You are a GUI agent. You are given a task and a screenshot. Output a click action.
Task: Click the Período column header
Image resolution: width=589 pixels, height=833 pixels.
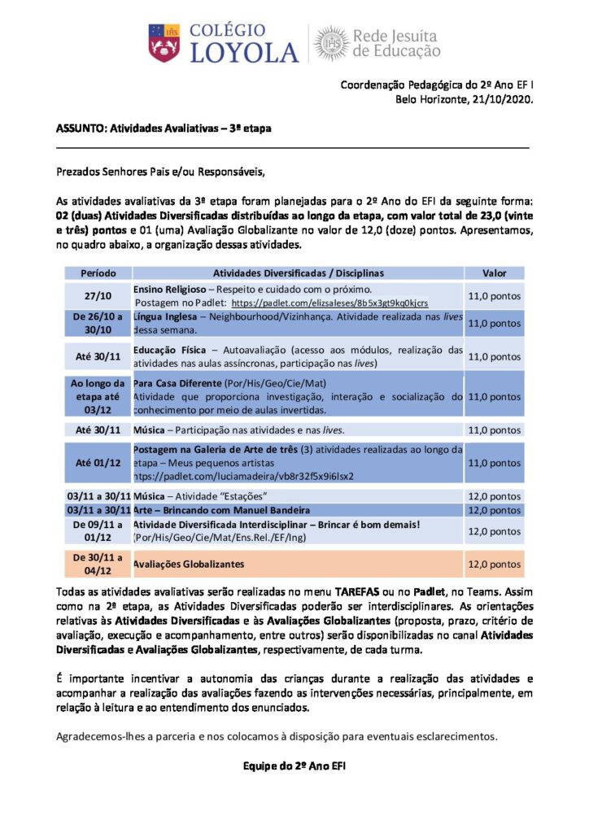pyautogui.click(x=98, y=273)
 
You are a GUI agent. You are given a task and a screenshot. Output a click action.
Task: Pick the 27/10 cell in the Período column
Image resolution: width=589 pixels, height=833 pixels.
pyautogui.click(x=98, y=296)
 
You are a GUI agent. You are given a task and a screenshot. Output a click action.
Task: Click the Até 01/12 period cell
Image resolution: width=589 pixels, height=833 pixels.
pyautogui.click(x=98, y=462)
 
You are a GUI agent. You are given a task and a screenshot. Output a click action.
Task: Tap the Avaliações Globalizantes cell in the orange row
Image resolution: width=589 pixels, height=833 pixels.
pyautogui.click(x=188, y=563)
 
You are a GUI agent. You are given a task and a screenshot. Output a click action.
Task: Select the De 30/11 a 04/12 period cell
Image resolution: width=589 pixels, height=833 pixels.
pyautogui.click(x=98, y=563)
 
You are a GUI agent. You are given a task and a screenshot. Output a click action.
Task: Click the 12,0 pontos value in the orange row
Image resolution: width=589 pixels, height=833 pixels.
pyautogui.click(x=494, y=564)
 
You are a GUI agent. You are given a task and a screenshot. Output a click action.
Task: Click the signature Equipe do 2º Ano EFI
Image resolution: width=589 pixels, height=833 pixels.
pyautogui.click(x=294, y=765)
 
